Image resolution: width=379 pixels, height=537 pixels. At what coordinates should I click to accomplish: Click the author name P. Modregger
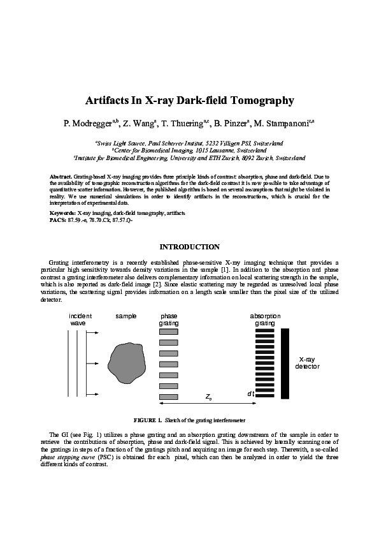pos(87,124)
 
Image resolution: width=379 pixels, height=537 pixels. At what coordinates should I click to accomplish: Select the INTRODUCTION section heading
pos(189,247)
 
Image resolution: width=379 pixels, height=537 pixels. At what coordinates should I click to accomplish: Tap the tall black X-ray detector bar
pos(285,363)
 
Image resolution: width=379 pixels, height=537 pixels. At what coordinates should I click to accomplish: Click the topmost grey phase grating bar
pos(168,332)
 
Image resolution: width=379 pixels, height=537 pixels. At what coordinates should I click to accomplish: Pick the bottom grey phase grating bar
pos(168,397)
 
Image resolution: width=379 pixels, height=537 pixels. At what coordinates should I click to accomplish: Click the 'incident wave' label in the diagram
pos(80,320)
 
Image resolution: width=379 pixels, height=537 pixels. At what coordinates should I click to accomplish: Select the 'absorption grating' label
pos(265,320)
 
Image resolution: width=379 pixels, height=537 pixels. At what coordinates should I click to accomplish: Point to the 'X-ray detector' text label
pos(308,363)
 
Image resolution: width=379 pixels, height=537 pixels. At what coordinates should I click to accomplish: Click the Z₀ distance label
pos(209,397)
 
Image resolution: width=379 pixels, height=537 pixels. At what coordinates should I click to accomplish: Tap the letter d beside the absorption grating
pos(249,394)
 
